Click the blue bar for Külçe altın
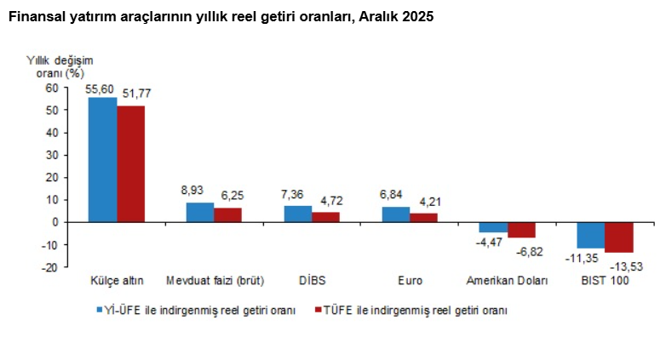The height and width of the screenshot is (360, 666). tap(103, 159)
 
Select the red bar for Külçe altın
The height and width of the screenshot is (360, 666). tap(130, 163)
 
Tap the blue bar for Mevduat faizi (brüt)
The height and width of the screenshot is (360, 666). tap(200, 212)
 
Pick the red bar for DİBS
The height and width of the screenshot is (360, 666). tap(326, 217)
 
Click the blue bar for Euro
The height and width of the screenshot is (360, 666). tap(396, 214)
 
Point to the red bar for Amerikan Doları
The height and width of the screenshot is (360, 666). tap(521, 230)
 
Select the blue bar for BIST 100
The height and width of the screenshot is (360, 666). tap(591, 235)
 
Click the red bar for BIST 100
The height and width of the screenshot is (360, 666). tap(619, 237)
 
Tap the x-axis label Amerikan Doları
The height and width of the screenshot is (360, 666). tap(507, 281)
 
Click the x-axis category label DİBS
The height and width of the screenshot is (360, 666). tap(312, 281)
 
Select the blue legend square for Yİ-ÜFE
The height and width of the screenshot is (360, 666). tap(98, 311)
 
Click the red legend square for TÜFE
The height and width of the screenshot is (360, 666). tap(319, 311)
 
